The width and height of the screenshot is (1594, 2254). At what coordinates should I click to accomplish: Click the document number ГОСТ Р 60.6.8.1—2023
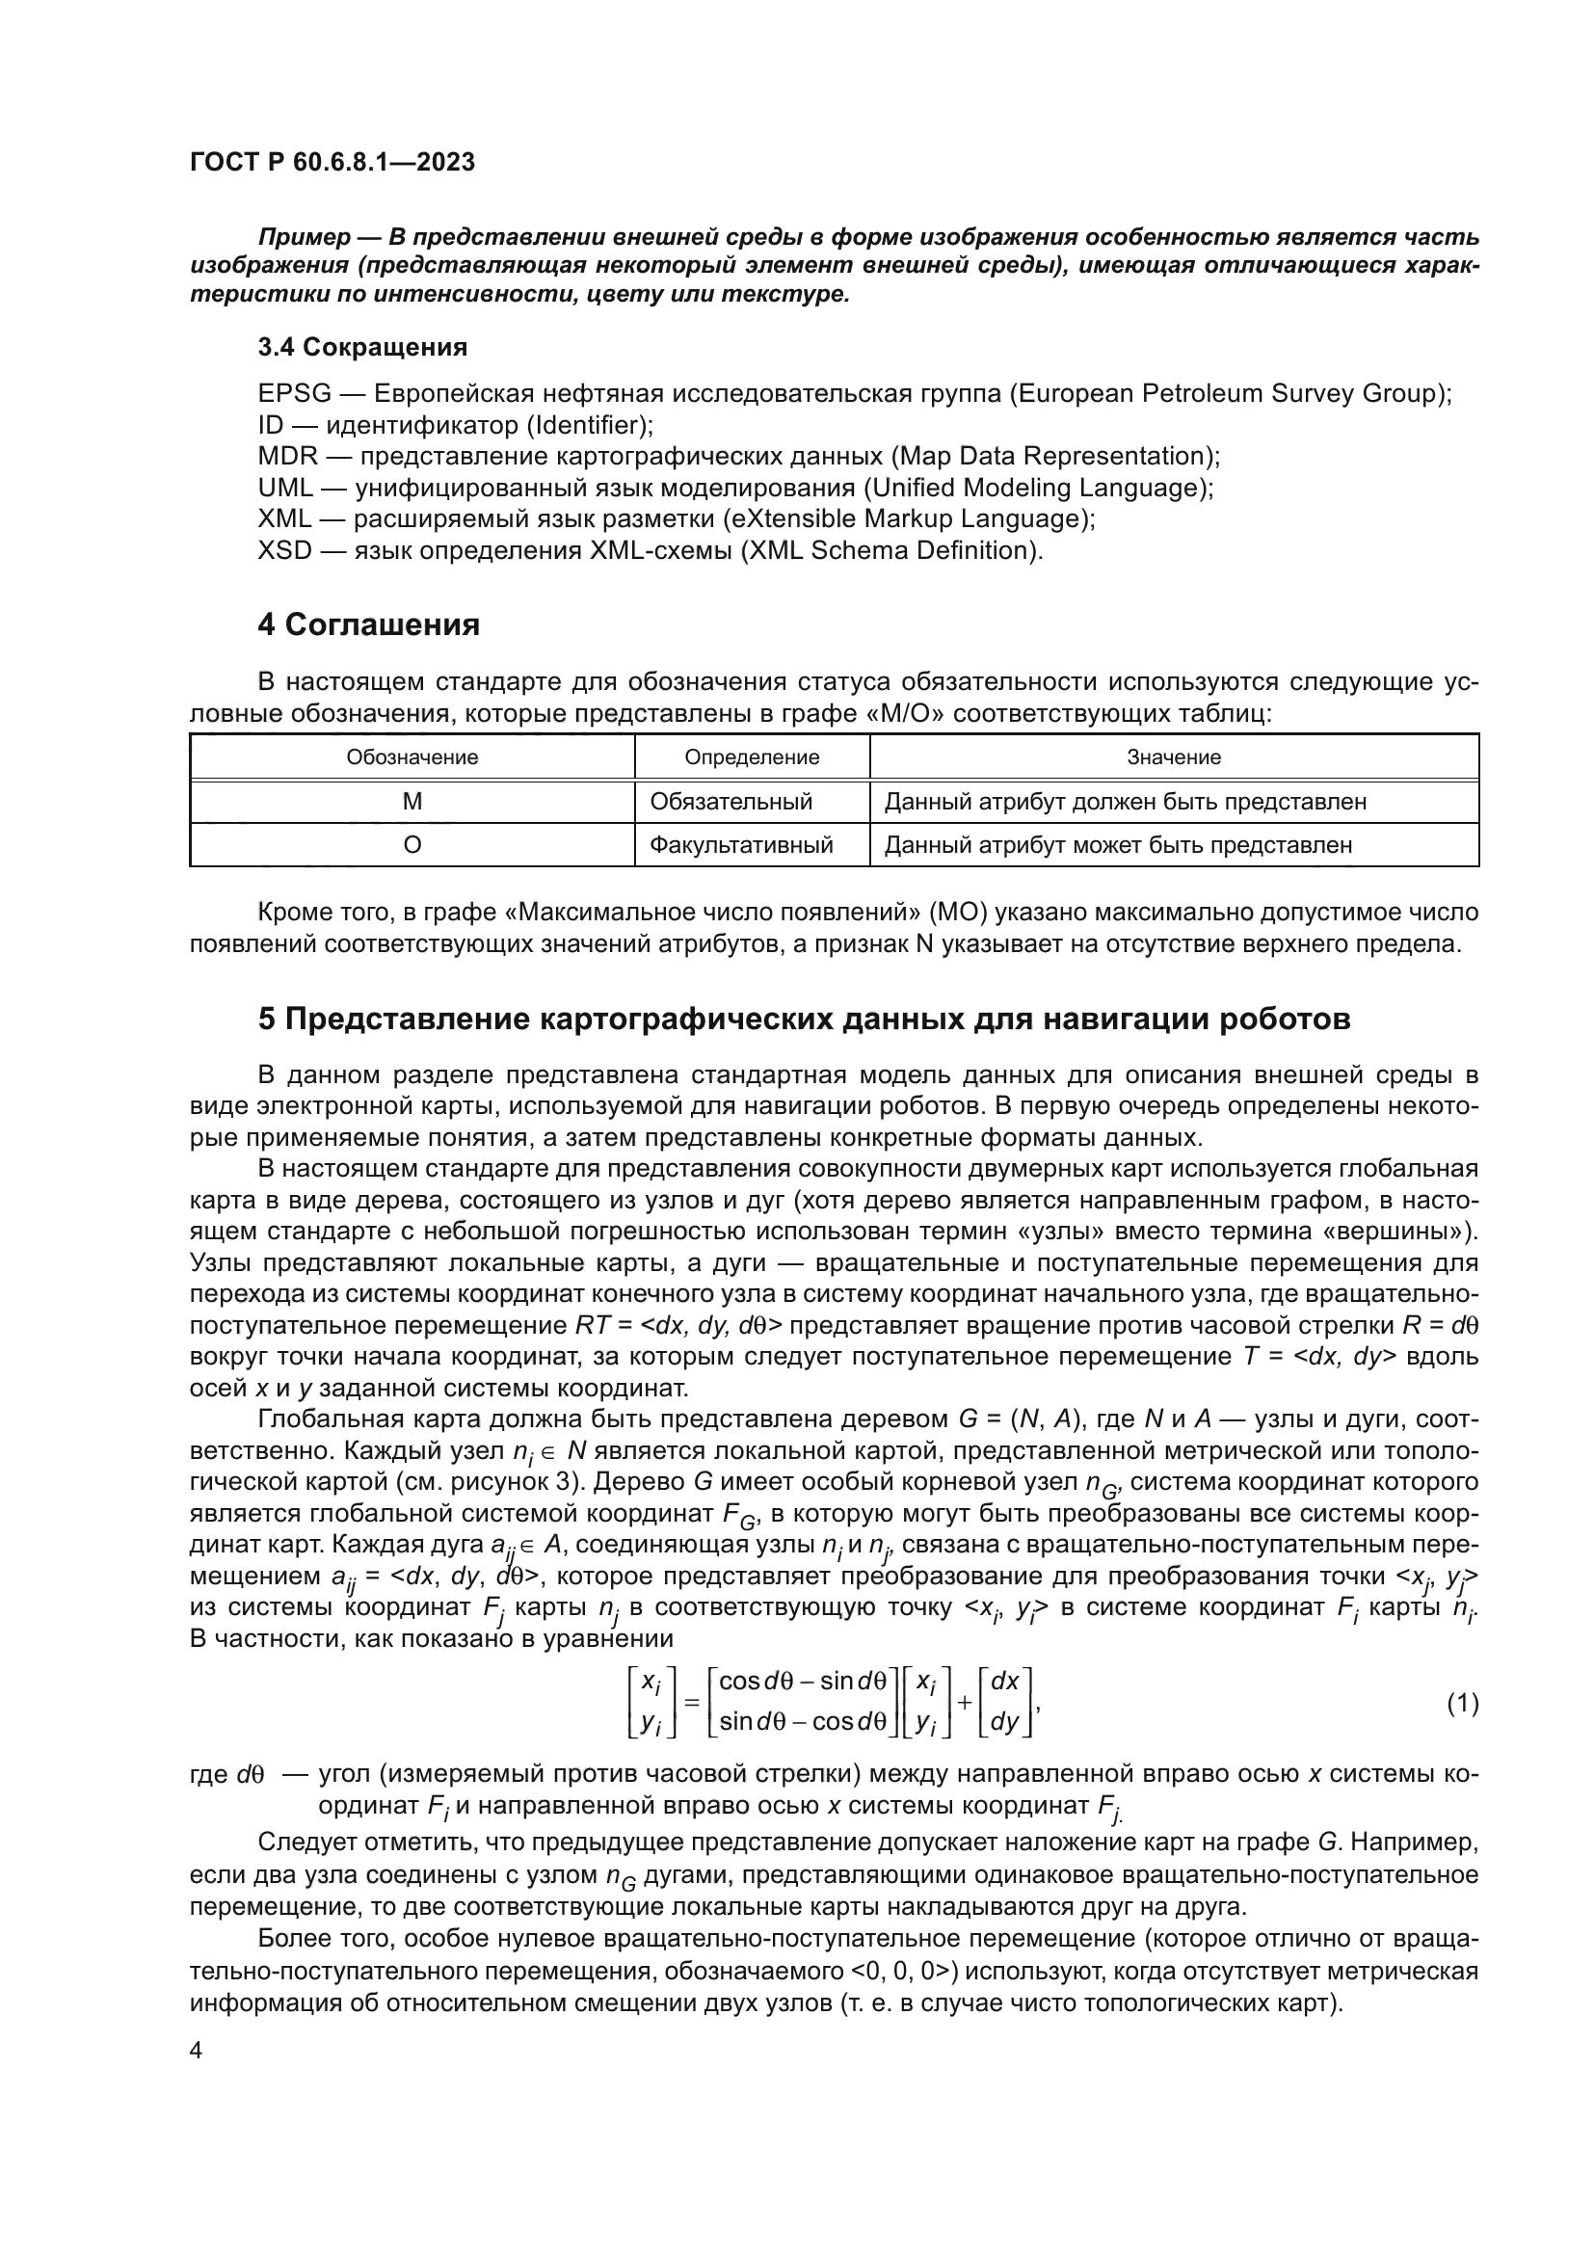332,162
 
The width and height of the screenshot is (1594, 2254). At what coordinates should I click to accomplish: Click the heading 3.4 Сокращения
362,347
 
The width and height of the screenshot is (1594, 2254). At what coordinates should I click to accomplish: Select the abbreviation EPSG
295,394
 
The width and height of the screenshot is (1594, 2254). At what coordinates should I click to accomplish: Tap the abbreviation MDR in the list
287,457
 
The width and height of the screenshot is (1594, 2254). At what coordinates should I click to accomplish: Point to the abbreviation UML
285,488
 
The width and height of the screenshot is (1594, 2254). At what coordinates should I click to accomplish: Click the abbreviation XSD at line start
284,551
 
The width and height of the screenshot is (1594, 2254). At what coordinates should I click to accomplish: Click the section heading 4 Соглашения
368,624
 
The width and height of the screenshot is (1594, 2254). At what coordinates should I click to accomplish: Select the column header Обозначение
412,756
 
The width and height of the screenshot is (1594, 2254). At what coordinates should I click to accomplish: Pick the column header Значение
1173,756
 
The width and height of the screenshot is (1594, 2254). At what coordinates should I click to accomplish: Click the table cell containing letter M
412,801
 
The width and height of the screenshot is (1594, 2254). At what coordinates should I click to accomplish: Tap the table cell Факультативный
741,845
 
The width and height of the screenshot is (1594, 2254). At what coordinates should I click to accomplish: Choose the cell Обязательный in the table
731,801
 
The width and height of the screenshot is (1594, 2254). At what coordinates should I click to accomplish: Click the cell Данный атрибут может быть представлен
1118,845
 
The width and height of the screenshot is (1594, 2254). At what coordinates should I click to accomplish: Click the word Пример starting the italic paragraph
305,238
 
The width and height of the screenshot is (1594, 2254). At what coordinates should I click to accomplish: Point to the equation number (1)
1463,1703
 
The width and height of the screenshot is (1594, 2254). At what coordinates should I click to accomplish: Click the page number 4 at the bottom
196,2051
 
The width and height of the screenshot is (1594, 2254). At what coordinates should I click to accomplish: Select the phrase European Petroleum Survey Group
1224,394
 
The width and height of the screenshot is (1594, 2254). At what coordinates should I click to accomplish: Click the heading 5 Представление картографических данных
804,1019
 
